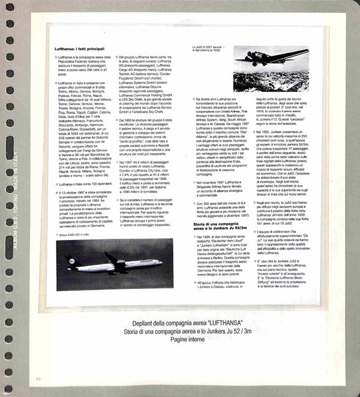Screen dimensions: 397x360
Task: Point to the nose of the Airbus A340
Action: tap(160, 262)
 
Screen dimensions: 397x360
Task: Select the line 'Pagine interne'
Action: tap(180, 340)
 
